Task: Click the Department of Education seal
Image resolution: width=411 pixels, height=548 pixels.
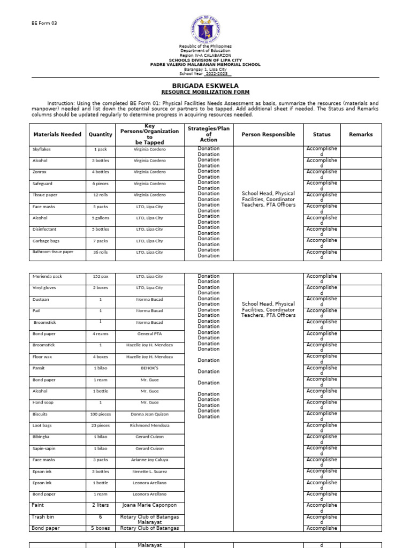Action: click(205, 29)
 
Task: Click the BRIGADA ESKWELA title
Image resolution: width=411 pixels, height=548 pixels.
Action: click(205, 86)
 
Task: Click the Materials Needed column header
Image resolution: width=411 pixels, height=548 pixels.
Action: click(57, 134)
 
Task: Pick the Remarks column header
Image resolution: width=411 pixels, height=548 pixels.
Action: click(361, 134)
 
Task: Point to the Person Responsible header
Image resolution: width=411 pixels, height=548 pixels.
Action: click(268, 134)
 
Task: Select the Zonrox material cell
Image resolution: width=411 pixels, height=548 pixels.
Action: click(40, 172)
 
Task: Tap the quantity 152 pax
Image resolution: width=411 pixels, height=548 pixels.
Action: click(101, 277)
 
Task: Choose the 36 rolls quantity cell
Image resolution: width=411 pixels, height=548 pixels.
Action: click(101, 252)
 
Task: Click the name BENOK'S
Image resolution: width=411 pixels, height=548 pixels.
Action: click(150, 368)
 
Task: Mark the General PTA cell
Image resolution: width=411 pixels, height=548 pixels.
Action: click(150, 334)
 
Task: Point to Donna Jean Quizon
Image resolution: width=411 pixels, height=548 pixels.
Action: click(150, 414)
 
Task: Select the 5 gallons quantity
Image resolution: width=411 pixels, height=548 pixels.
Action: click(101, 218)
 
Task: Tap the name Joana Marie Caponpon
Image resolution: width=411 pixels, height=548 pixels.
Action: click(150, 505)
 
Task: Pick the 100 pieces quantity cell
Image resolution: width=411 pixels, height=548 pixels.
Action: click(101, 414)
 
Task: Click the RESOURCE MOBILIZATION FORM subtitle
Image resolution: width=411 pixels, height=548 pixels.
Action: click(205, 92)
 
